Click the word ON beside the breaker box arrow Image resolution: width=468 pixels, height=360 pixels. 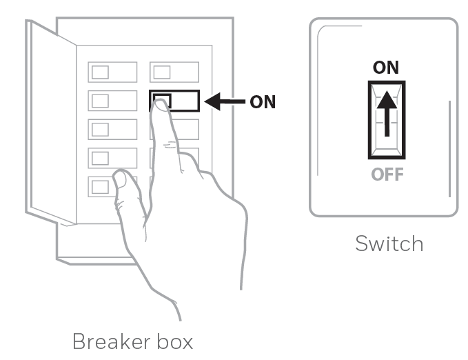coord(262,102)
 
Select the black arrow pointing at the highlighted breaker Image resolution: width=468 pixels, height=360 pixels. coord(225,102)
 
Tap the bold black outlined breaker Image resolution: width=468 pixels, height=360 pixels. coord(183,101)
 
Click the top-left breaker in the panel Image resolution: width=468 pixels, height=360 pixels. coord(112,72)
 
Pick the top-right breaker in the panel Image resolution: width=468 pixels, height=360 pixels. coord(174,72)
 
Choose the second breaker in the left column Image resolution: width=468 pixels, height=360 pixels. coord(112,101)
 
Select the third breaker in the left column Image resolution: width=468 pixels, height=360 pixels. coord(112,129)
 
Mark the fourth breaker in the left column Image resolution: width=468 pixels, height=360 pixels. coord(112,157)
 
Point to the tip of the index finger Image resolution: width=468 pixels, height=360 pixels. coord(161,103)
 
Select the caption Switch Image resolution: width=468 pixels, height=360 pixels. coord(389,243)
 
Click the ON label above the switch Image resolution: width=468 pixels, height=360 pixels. coord(385,68)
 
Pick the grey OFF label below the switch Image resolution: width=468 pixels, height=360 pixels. coord(387,174)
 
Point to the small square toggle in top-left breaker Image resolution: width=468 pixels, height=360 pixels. coord(100,72)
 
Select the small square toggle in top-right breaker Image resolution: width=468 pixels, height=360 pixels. coord(162,72)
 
